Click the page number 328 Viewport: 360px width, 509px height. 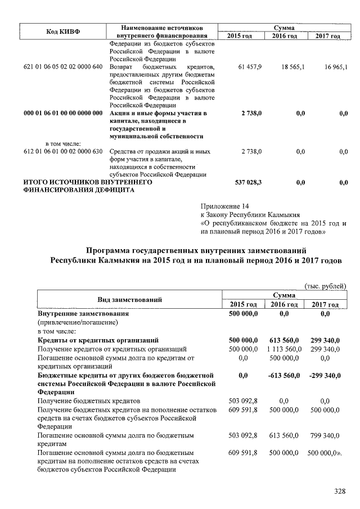pyautogui.click(x=339, y=491)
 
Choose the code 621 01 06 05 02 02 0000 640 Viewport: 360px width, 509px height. pyautogui.click(x=63, y=67)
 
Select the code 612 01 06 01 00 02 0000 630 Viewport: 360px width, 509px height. pyautogui.click(x=63, y=152)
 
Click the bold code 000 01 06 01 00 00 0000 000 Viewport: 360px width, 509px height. pyautogui.click(x=63, y=114)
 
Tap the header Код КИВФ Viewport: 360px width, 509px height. pyautogui.click(x=63, y=31)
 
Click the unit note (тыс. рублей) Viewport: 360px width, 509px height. pyautogui.click(x=325, y=286)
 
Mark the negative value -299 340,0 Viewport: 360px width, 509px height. pyautogui.click(x=325, y=375)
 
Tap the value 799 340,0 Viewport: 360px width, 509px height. pyautogui.click(x=326, y=435)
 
